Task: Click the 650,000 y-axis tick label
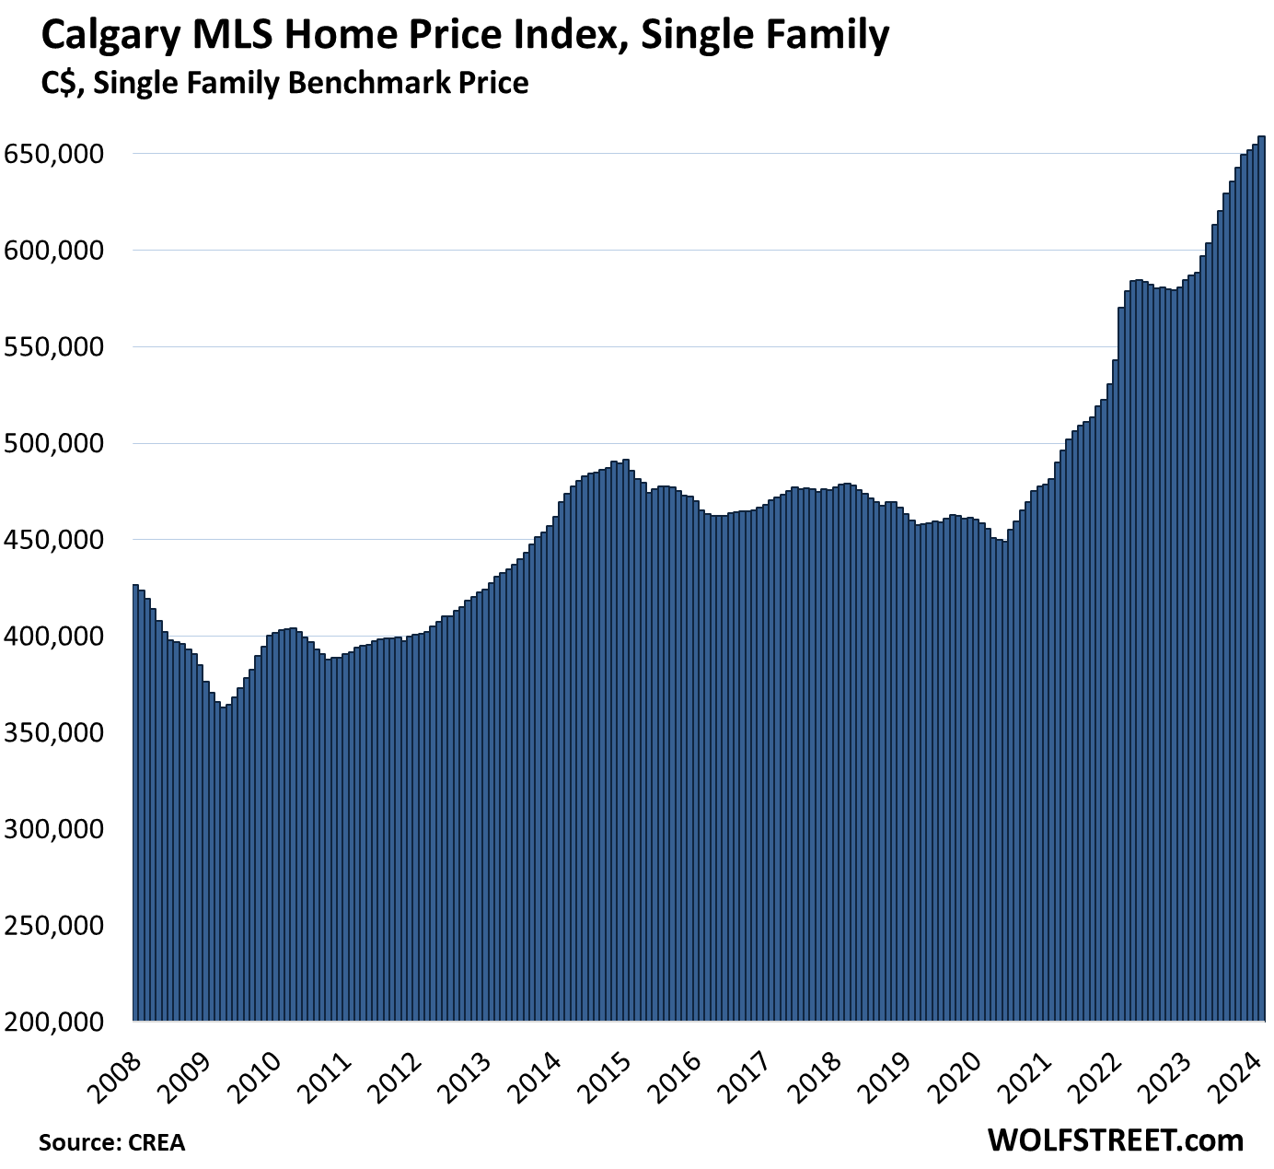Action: (52, 154)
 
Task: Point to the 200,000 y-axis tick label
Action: (52, 1022)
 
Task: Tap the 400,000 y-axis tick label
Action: (52, 637)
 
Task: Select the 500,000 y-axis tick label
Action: (52, 443)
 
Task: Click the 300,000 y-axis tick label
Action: (52, 829)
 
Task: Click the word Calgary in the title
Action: (100, 37)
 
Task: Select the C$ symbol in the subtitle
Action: (59, 84)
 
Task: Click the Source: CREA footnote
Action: (111, 1142)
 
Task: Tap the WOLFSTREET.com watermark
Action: (1115, 1140)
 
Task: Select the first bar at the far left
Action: (135, 801)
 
